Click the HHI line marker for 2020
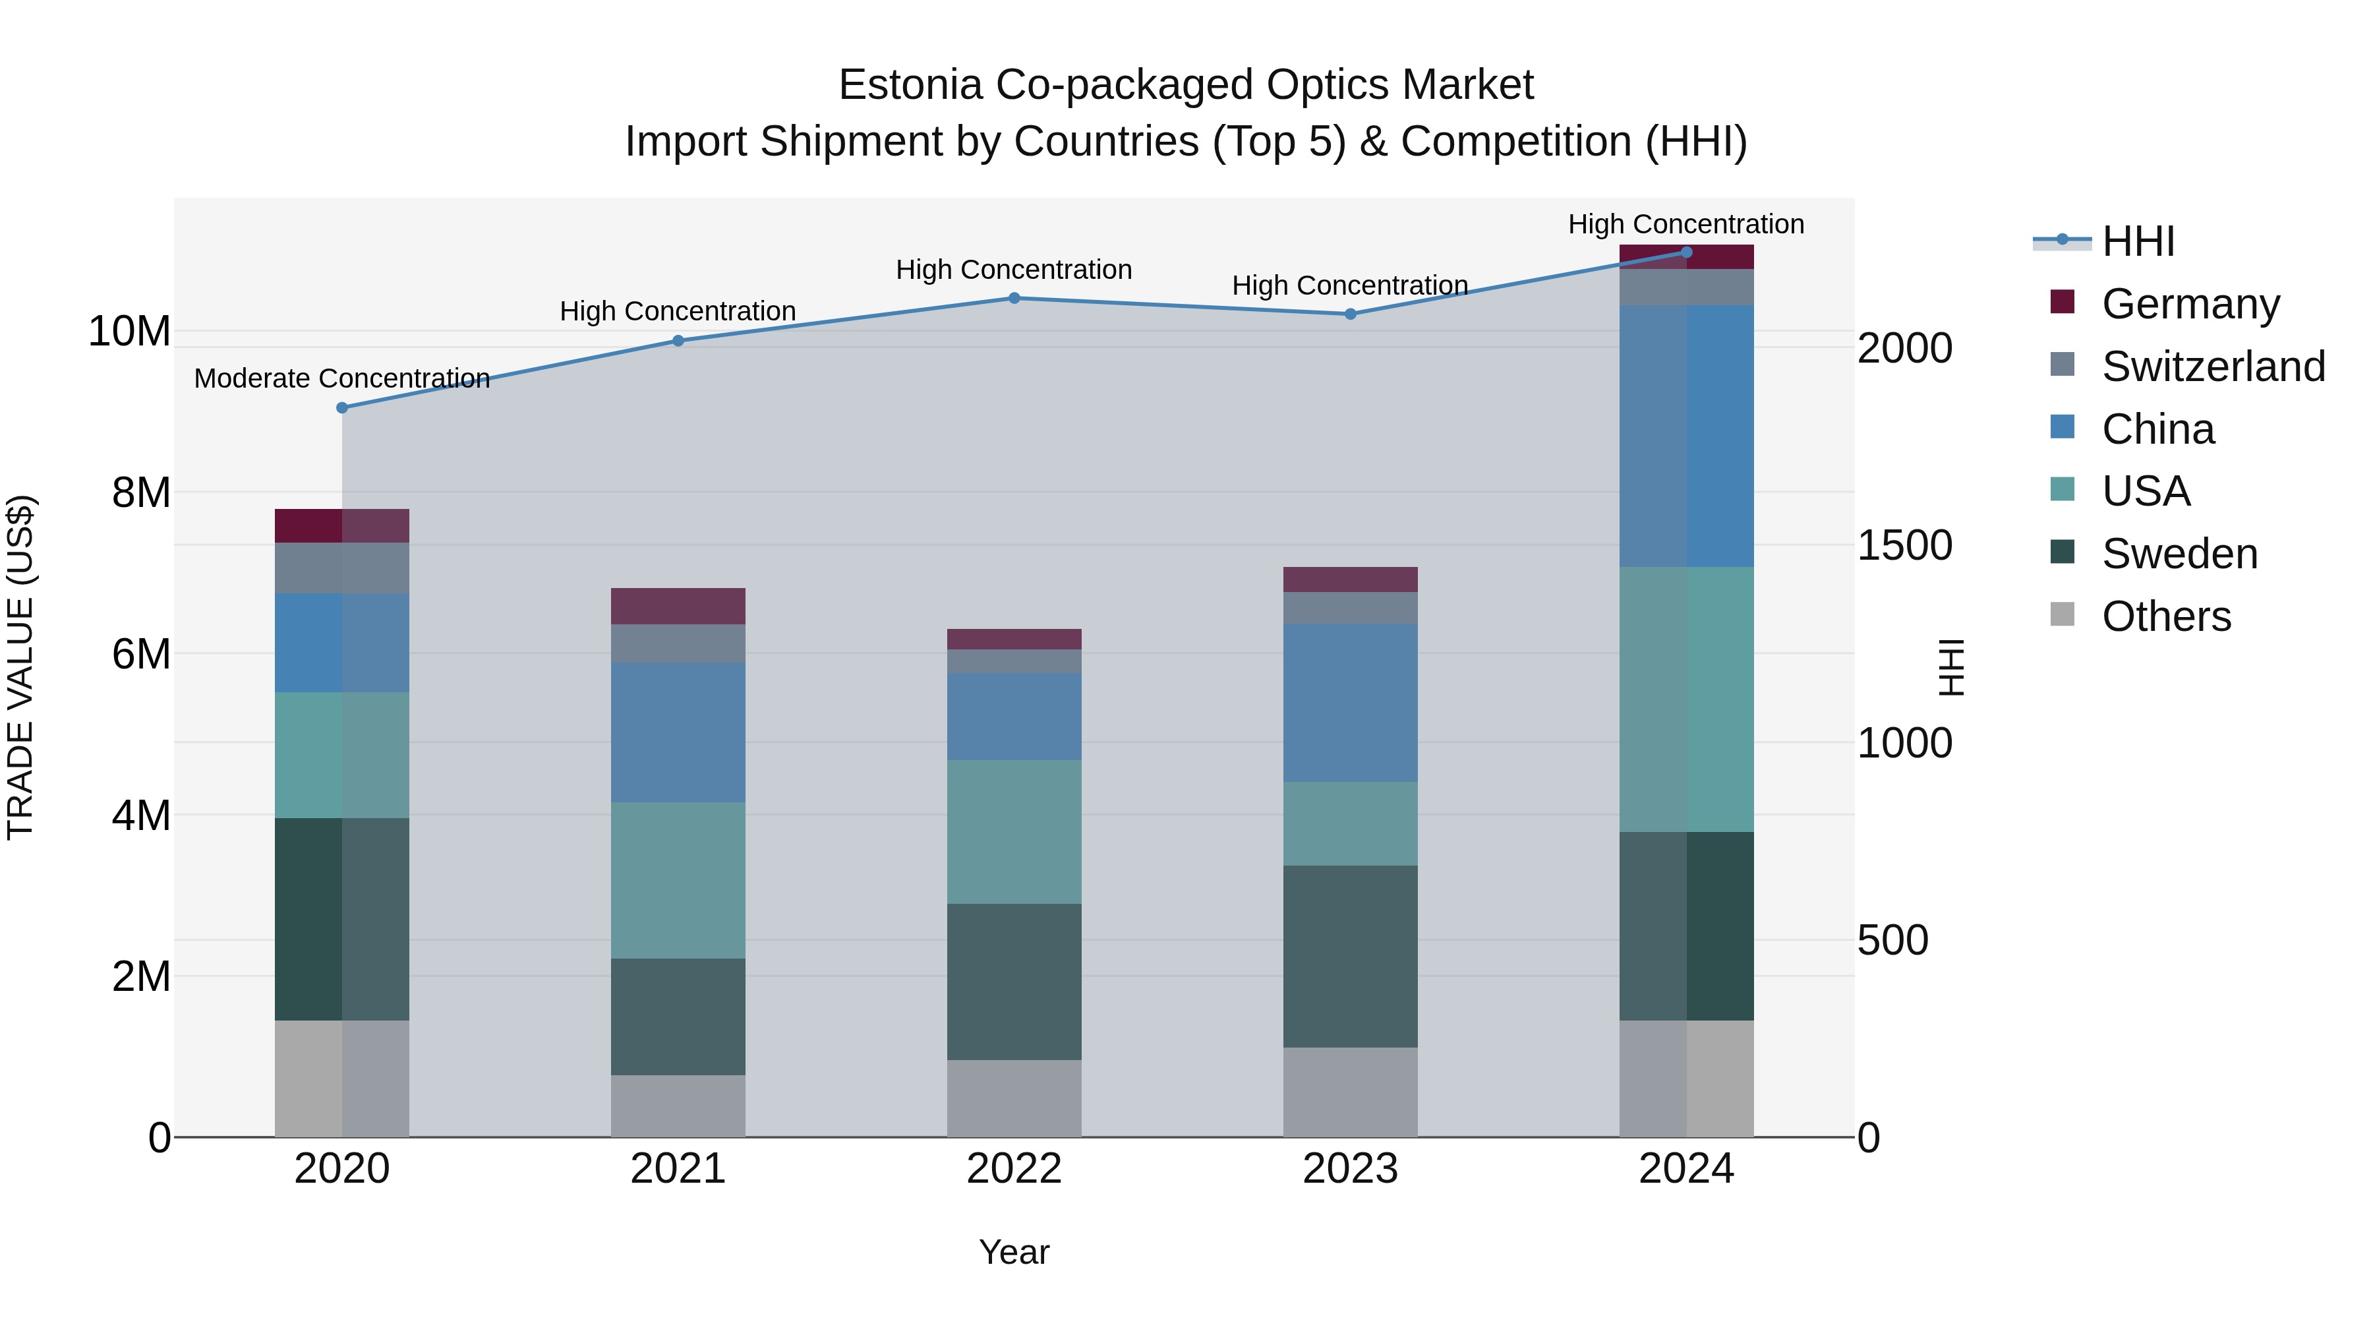click(341, 407)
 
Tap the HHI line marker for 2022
click(1014, 297)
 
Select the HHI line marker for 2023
click(1351, 314)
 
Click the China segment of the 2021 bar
click(678, 732)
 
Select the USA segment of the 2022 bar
click(1014, 831)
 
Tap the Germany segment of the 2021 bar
click(678, 607)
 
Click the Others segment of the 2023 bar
click(1351, 1092)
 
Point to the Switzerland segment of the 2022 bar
click(1014, 661)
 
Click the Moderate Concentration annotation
click(341, 378)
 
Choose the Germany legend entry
click(2190, 304)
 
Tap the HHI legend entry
click(2137, 241)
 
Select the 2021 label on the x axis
click(678, 1169)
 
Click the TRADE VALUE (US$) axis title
click(21, 667)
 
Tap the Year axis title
click(1014, 1252)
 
